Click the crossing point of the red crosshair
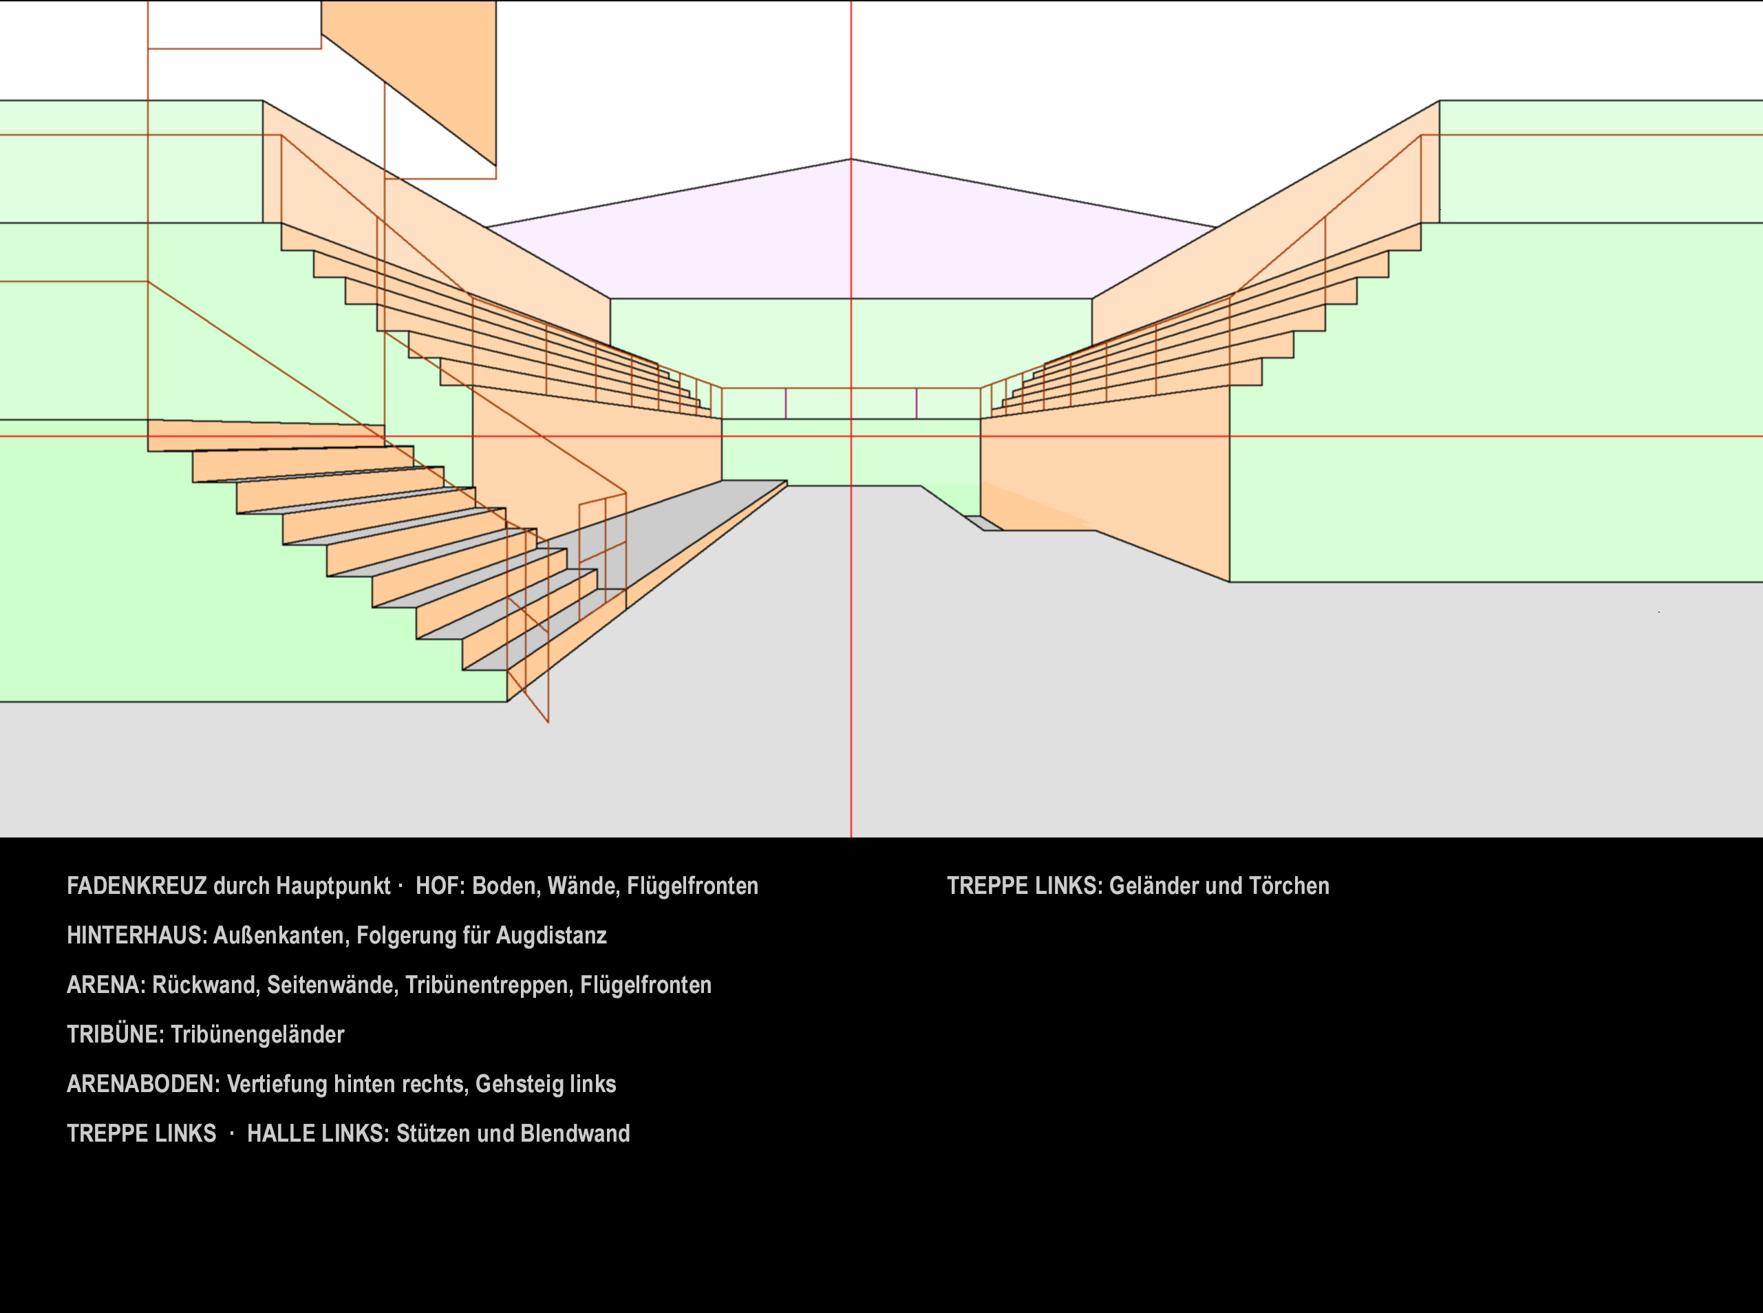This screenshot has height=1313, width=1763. [851, 436]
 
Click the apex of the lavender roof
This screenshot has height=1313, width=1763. [851, 160]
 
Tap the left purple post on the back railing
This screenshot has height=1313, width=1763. [786, 404]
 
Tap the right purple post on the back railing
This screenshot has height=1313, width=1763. [917, 404]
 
